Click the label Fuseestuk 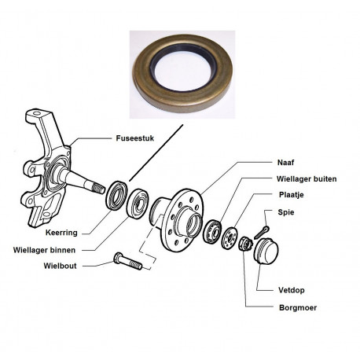click(x=135, y=138)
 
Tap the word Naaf click(x=285, y=163)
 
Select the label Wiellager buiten click(x=307, y=179)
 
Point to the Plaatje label click(x=292, y=195)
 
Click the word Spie click(x=286, y=212)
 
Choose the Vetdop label click(x=292, y=290)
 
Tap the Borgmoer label click(x=298, y=307)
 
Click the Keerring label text click(x=61, y=233)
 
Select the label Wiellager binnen click(x=44, y=250)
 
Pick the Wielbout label click(x=60, y=266)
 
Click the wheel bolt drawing click(x=128, y=261)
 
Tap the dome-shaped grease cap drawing click(x=266, y=251)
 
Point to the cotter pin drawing click(x=262, y=232)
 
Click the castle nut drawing click(x=245, y=244)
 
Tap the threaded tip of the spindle click(x=99, y=188)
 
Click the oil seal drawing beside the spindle click(x=117, y=195)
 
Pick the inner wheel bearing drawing click(x=138, y=203)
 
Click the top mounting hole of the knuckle click(x=37, y=114)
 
